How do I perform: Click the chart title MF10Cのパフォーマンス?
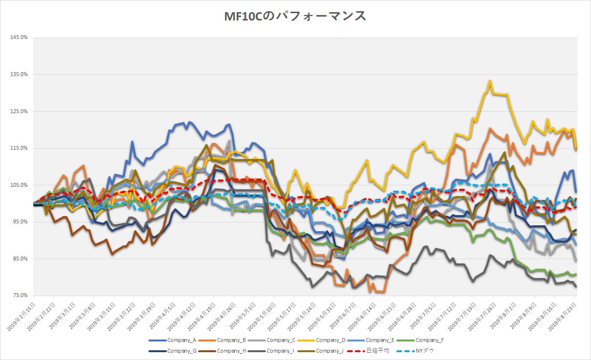coord(295,17)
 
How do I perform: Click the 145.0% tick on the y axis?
coord(19,38)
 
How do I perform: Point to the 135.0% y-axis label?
coord(19,75)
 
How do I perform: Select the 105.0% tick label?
coord(19,185)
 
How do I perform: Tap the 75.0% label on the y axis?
coord(19,296)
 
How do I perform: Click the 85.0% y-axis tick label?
coord(19,259)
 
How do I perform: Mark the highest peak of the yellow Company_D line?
coord(489,81)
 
